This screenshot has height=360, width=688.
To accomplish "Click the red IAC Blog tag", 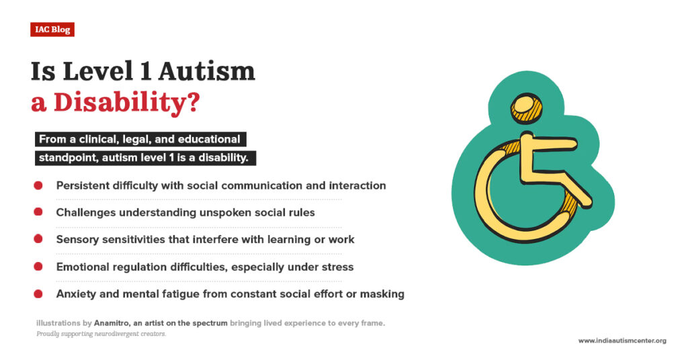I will (52, 30).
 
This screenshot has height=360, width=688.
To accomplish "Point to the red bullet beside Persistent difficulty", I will (38, 185).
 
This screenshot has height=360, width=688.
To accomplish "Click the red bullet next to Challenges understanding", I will (38, 212).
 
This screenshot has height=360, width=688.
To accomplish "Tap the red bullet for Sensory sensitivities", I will (38, 239).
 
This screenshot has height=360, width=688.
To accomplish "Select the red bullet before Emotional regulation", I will (38, 267).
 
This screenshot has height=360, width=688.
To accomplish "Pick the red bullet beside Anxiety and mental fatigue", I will (38, 294).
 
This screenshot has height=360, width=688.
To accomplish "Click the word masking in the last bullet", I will (384, 294).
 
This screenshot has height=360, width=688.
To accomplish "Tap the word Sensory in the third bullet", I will (77, 239).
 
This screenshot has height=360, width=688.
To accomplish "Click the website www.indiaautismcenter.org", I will (622, 341).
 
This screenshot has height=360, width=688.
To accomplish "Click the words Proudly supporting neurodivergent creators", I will (101, 334).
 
